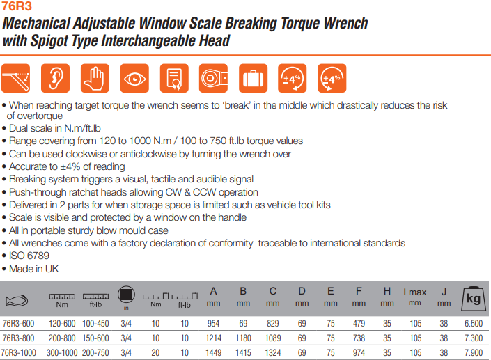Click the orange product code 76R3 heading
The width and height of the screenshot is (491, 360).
tap(16, 6)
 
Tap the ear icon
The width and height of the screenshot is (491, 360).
tap(55, 78)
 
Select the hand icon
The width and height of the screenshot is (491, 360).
tap(95, 78)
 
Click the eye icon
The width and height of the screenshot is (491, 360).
tap(134, 78)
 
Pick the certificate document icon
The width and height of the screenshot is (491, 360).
tap(174, 78)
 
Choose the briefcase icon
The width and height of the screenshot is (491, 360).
tap(253, 78)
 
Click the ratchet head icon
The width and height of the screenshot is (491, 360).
tap(214, 78)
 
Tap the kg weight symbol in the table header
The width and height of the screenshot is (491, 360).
tap(474, 299)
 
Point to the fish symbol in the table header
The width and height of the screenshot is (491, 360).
tap(17, 301)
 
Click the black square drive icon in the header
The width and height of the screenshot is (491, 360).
tap(126, 295)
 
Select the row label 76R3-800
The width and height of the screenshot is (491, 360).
tap(19, 338)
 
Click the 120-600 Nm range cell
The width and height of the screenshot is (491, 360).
tap(62, 323)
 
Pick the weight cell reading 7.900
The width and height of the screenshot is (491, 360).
tap(474, 353)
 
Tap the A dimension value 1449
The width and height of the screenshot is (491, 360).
tap(213, 353)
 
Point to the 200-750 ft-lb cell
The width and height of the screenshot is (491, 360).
tap(95, 353)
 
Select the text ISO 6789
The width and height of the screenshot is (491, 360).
tap(29, 256)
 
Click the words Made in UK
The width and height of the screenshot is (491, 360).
tap(34, 269)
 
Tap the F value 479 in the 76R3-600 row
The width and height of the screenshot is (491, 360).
tap(359, 323)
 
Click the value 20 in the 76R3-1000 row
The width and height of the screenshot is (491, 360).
tap(155, 353)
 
